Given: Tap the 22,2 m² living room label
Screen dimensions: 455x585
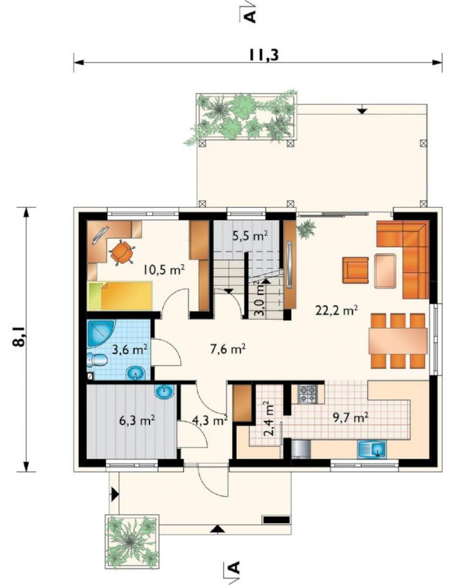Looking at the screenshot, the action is tap(337, 310).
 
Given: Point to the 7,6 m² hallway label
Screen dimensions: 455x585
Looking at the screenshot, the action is tap(227, 349).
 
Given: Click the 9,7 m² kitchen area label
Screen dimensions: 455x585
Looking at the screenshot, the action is tap(351, 418).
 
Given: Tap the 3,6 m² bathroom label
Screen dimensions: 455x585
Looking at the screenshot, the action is tap(129, 349).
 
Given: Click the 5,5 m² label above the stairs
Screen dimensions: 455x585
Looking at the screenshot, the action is tap(250, 236).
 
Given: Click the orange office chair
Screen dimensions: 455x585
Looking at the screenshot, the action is tap(121, 252).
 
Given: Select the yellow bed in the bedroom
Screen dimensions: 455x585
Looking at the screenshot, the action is tap(119, 296).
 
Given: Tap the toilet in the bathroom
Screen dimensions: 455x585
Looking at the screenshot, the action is tap(97, 360).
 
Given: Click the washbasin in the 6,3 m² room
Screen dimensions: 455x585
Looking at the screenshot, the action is tap(164, 392).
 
